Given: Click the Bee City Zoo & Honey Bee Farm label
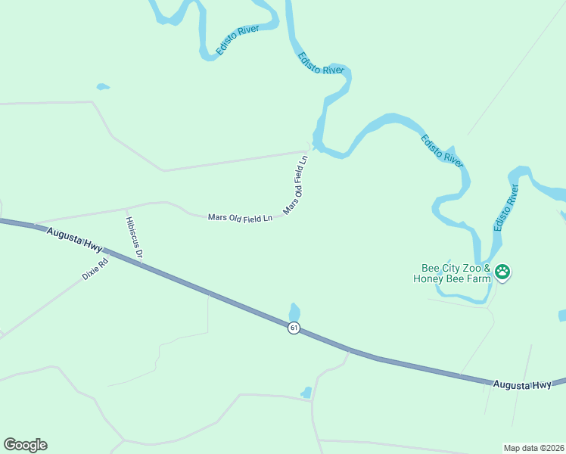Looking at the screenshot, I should (x=456, y=273).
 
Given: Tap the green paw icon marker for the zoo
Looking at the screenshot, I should (x=503, y=272).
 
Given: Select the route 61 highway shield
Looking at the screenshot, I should (x=294, y=328).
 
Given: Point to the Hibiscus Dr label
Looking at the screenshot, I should (x=134, y=238).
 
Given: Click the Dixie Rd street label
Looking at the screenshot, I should (x=95, y=269).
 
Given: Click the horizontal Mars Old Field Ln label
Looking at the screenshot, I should (x=240, y=218).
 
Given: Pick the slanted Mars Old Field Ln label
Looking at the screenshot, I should (x=296, y=185).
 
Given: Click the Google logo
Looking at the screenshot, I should (x=25, y=445).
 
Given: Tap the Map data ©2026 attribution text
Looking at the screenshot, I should (x=532, y=447).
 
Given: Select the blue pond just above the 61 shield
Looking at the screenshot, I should (x=294, y=312).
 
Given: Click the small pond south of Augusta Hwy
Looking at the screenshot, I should (x=306, y=393).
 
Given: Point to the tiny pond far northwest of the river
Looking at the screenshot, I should (x=103, y=87).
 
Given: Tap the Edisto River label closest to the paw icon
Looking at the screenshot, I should (x=505, y=207).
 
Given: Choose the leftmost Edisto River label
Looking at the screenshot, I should (x=237, y=40).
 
